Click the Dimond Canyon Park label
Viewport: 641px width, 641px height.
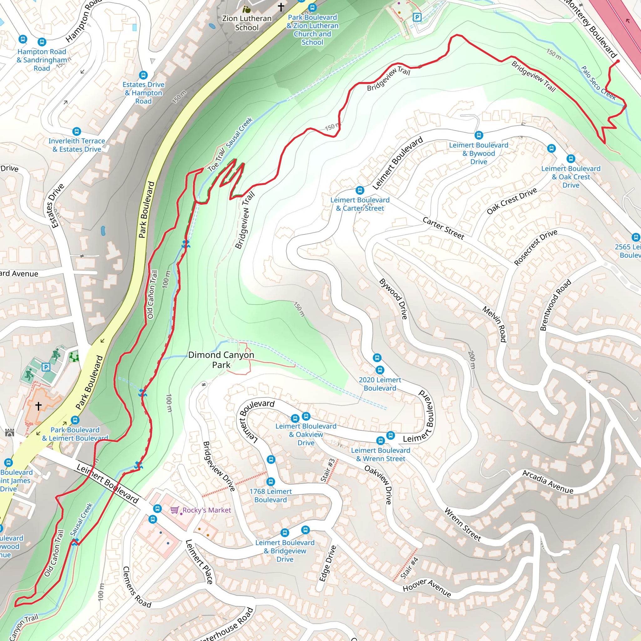pyautogui.click(x=221, y=360)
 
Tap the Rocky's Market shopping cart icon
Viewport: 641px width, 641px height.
pyautogui.click(x=175, y=510)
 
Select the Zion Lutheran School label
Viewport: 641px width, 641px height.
pyautogui.click(x=247, y=23)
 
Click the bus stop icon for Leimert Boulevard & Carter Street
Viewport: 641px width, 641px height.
pyautogui.click(x=360, y=190)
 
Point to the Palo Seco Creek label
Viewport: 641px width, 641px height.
pyautogui.click(x=598, y=83)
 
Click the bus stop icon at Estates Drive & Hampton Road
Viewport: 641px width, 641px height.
pyautogui.click(x=143, y=75)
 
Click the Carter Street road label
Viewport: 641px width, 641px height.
pyautogui.click(x=443, y=228)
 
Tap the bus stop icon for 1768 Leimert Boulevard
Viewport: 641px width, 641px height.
pyautogui.click(x=271, y=481)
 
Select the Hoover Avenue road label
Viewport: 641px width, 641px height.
pyautogui.click(x=427, y=588)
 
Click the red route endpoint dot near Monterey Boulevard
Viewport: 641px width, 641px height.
pyautogui.click(x=618, y=61)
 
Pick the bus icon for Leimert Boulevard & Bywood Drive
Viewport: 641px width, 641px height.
pyautogui.click(x=479, y=135)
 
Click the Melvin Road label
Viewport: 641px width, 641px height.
pyautogui.click(x=494, y=324)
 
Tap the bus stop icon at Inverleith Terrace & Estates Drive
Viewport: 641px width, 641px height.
pyautogui.click(x=77, y=131)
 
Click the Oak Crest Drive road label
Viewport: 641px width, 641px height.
pyautogui.click(x=512, y=201)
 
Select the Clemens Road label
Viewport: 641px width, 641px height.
pyautogui.click(x=136, y=587)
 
